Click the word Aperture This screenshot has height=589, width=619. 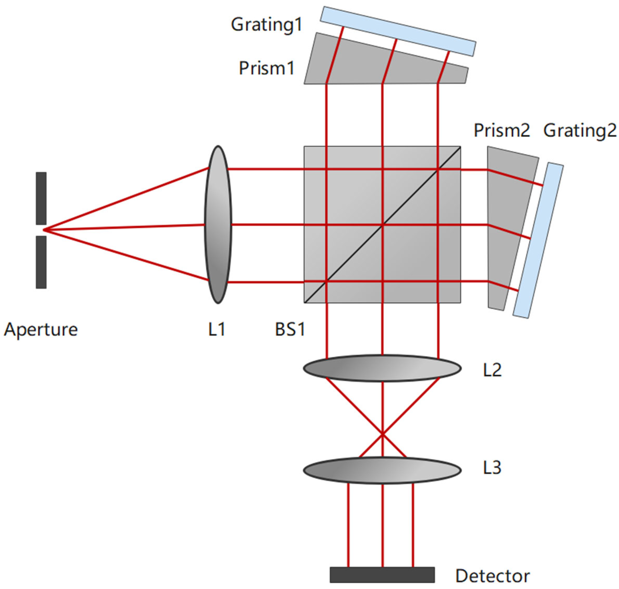40,330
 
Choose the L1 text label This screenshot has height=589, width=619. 216,330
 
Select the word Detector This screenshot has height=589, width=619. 492,576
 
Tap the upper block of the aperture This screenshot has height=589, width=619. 41,198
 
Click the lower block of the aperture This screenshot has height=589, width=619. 41,262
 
